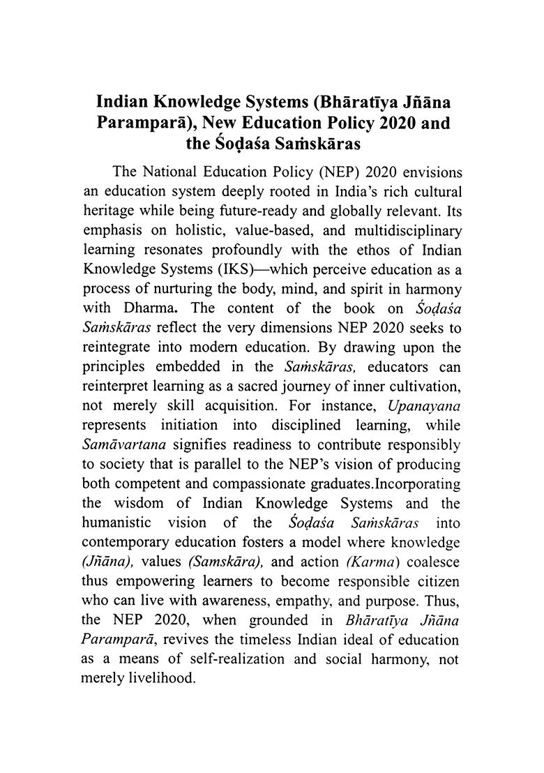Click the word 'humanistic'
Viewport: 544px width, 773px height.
point(114,520)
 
